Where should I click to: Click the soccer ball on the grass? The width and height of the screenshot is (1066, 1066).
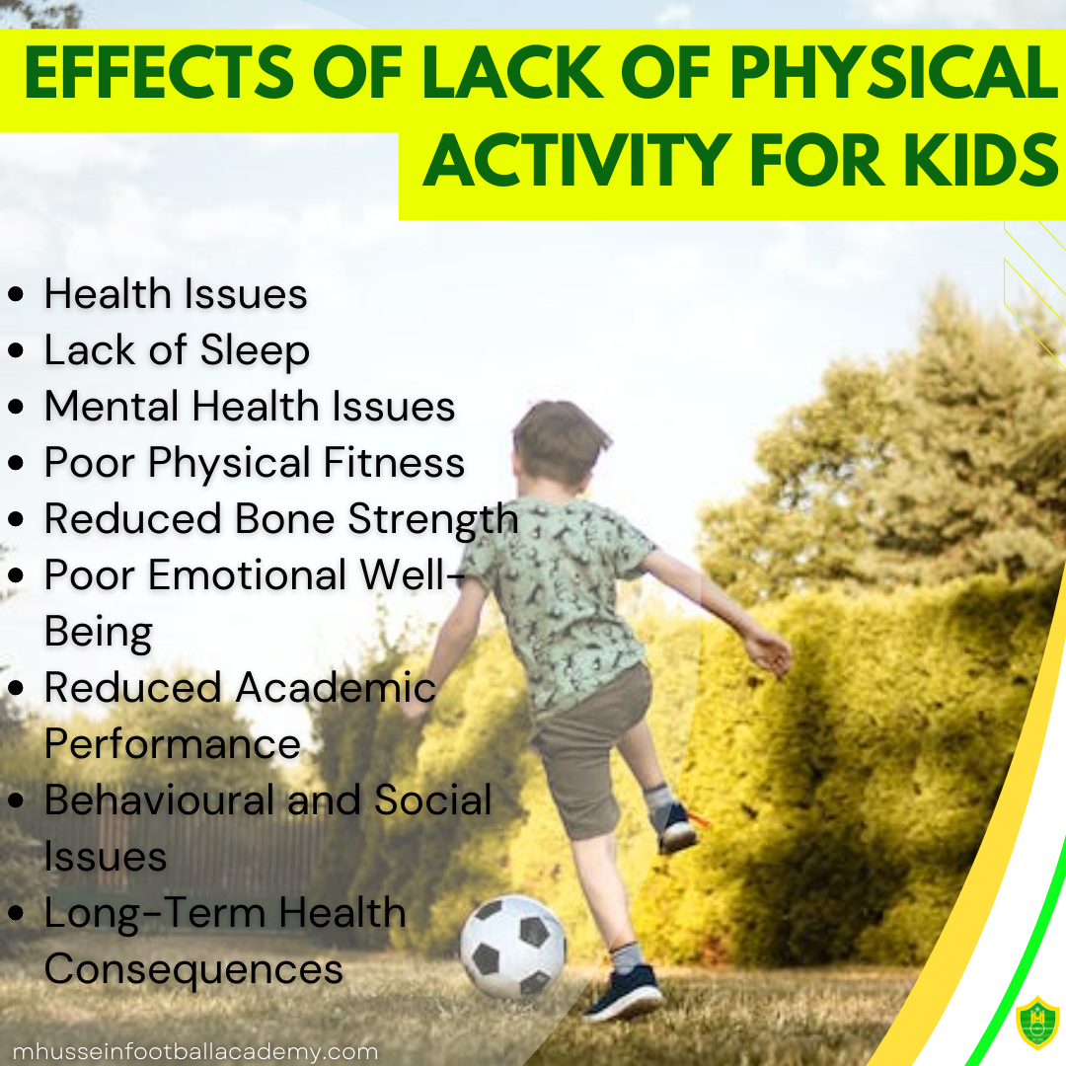512,947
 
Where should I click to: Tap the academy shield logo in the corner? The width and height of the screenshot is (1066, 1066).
1036,1024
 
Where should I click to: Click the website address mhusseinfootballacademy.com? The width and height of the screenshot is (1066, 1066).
195,1051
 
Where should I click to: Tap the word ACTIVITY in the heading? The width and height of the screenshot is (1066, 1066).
577,160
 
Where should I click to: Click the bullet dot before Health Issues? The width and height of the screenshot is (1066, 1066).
16,294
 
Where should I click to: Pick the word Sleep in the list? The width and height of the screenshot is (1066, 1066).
255,351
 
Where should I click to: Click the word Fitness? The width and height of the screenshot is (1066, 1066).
394,462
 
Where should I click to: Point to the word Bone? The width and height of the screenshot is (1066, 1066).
285,519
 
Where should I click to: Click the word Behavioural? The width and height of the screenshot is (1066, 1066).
161,799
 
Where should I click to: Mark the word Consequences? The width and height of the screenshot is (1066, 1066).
193,969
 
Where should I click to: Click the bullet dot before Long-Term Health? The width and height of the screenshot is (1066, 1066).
16,913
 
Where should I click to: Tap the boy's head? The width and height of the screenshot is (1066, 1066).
561,442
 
